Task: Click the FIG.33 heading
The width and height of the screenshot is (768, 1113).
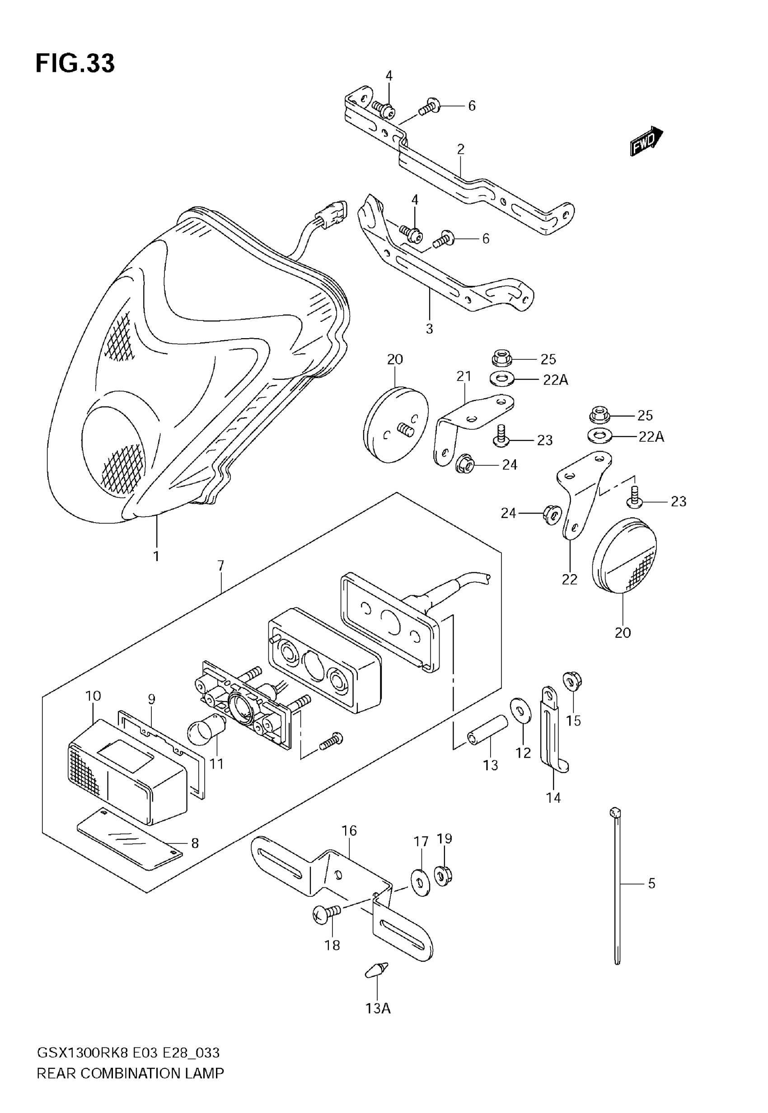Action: pyautogui.click(x=75, y=63)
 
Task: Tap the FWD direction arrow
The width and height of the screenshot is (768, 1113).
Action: pyautogui.click(x=646, y=141)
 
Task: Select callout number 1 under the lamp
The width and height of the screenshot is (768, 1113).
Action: pyautogui.click(x=156, y=556)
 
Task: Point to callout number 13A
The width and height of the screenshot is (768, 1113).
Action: pyautogui.click(x=378, y=1008)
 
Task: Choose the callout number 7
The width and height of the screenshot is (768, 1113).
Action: pyautogui.click(x=221, y=565)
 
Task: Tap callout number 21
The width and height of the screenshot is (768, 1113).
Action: pyautogui.click(x=464, y=376)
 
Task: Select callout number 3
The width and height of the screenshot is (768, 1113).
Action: pyautogui.click(x=429, y=329)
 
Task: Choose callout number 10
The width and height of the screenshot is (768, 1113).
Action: pyautogui.click(x=93, y=696)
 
